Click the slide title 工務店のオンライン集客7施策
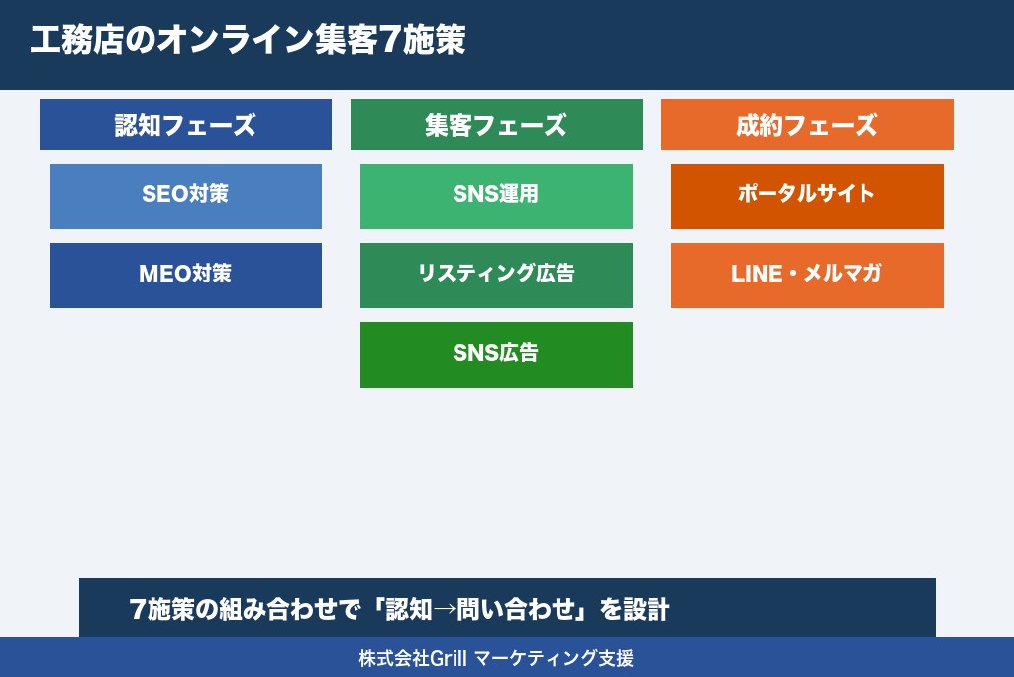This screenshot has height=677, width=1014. [x=248, y=41]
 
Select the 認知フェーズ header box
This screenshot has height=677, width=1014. [x=185, y=125]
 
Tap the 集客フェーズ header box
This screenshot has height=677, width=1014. [x=496, y=125]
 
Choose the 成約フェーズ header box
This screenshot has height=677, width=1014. [x=807, y=125]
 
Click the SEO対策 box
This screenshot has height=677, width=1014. [x=185, y=195]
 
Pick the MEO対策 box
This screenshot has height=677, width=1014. [x=185, y=275]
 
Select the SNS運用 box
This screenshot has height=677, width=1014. [x=496, y=195]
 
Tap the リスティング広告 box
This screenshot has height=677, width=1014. [x=496, y=275]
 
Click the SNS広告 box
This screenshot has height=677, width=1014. [x=496, y=354]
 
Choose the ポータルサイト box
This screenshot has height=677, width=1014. [x=807, y=195]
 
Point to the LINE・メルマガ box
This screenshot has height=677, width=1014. [x=807, y=275]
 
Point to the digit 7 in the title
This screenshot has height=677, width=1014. [x=392, y=41]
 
